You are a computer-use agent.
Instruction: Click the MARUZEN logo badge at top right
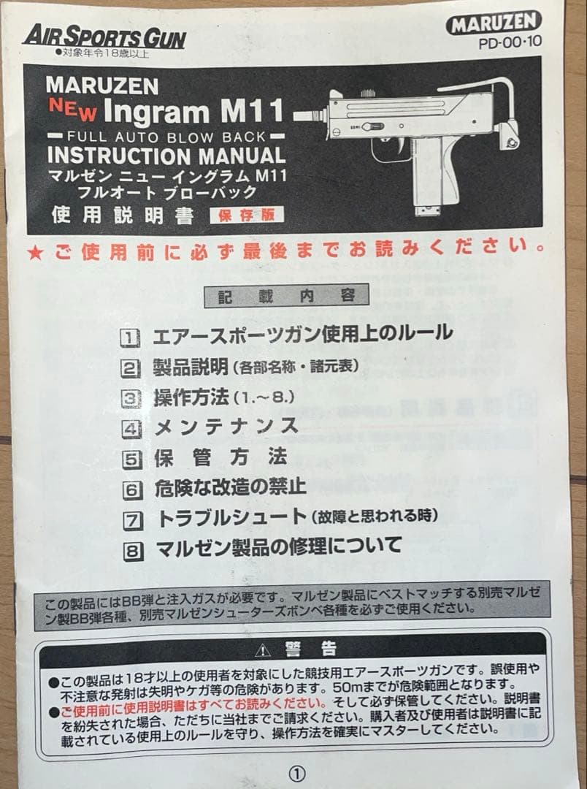click(494, 23)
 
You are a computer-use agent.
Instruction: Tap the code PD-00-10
click(510, 42)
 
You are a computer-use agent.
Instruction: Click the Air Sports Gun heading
click(104, 37)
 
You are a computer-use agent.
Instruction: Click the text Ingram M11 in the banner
click(193, 112)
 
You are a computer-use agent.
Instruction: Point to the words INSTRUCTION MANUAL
click(166, 155)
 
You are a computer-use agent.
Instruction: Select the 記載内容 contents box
click(285, 296)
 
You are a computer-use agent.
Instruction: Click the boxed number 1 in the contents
click(129, 337)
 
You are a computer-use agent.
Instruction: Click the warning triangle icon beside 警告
click(262, 649)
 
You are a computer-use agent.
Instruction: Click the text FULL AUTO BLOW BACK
click(166, 136)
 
